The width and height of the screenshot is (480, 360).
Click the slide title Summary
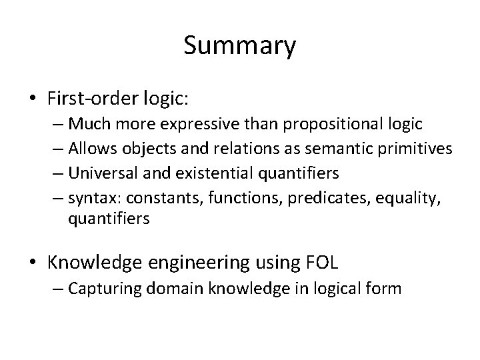[x=239, y=46]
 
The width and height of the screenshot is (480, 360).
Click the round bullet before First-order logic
[x=33, y=99]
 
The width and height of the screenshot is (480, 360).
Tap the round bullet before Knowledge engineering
[x=33, y=263]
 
